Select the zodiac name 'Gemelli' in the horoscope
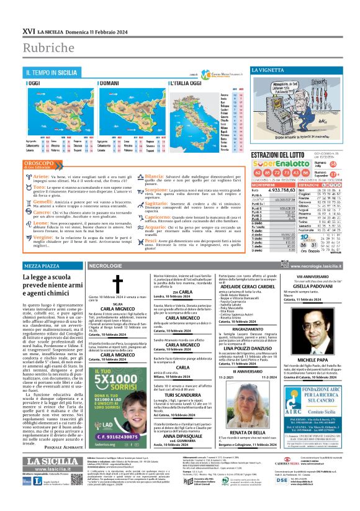click(43, 202)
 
